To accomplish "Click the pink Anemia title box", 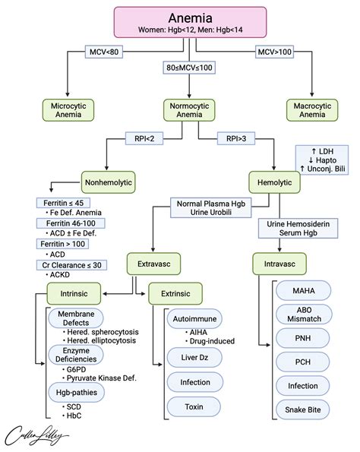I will click(x=179, y=21).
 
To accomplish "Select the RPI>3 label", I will click(x=234, y=139).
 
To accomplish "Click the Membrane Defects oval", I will click(x=76, y=319).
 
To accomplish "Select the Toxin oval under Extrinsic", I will click(x=194, y=408).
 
